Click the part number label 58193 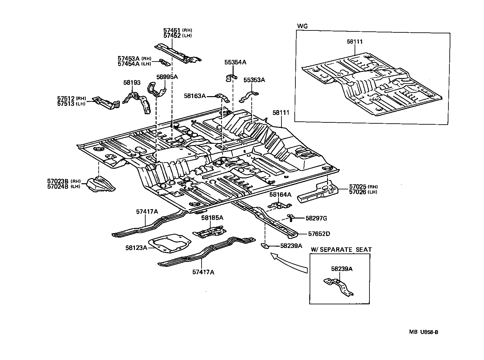coord(132,83)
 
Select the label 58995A coord(167,77)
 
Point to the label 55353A coord(254,80)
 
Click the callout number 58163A coord(195,96)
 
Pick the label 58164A coord(280,194)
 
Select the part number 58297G coord(316,218)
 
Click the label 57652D coord(319,234)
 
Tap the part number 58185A coord(212,218)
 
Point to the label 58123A coord(137,248)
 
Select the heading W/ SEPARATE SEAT coord(341,250)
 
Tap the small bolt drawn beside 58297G coord(291,218)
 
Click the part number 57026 coord(357,192)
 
